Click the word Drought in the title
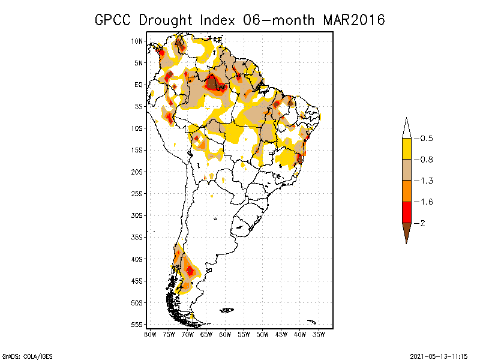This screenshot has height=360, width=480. pos(166,20)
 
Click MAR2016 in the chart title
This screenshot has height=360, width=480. pos(354,20)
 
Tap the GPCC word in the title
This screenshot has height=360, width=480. pos(113,20)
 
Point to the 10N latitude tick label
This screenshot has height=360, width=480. pos(137,41)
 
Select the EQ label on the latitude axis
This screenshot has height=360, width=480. pos(139,85)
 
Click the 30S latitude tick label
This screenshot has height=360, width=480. pos(137,215)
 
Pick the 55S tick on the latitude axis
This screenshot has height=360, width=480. pos(137,325)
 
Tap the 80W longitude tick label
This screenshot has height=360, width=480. pos(150,335)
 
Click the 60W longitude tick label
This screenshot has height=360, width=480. pos(225,335)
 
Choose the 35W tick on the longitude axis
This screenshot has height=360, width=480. pos(319,335)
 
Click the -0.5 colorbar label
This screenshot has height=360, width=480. pos(424,139)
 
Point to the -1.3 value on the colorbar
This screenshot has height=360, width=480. pos(424,181)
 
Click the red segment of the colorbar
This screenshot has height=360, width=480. pos(407,212)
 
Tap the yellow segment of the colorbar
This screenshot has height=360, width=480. pos(407,149)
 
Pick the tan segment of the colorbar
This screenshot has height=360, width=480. pos(407,170)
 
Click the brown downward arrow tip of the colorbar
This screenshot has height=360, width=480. pos(407,244)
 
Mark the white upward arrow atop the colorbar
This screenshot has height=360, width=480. pos(407,128)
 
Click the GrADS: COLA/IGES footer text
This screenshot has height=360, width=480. pos(27,356)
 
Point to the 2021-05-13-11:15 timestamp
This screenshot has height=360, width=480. pos(439,356)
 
